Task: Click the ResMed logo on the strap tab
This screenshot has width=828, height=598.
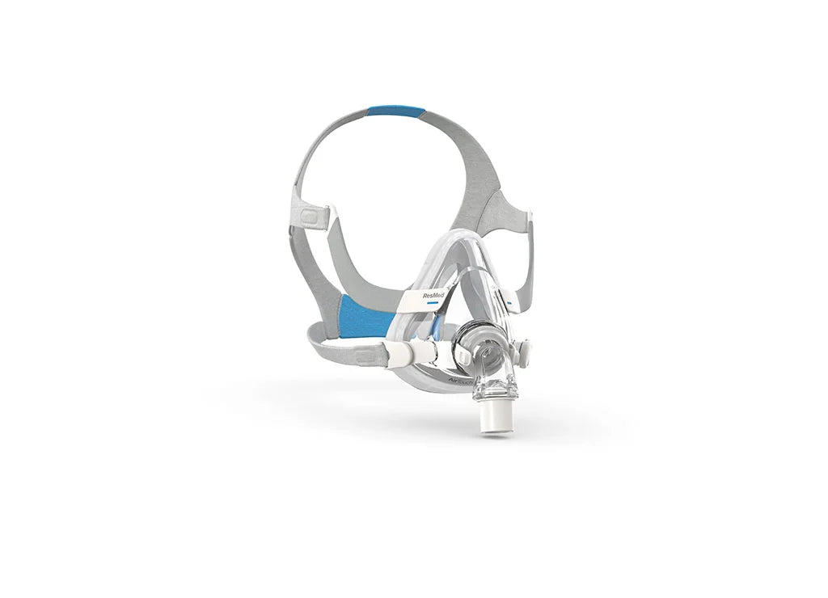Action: (x=433, y=296)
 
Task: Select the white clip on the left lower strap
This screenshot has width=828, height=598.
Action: (x=414, y=352)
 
